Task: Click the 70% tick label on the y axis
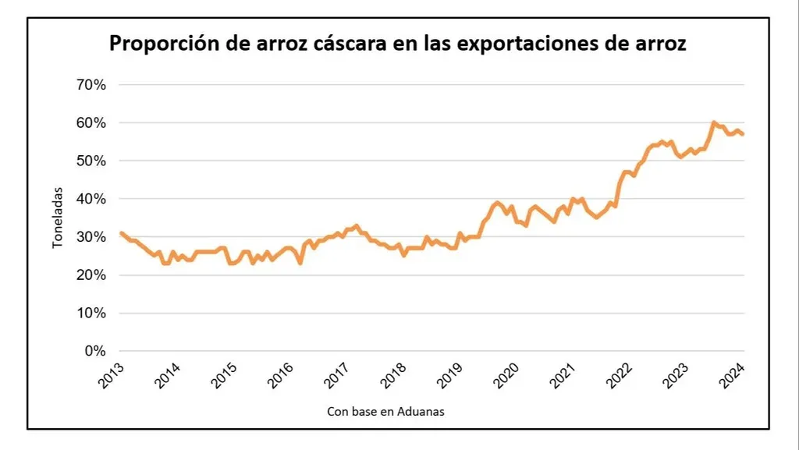click(90, 84)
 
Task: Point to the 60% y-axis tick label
click(90, 122)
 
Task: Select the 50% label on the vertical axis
click(90, 161)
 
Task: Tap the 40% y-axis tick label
click(90, 199)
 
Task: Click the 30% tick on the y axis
click(90, 237)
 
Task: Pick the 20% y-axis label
click(90, 275)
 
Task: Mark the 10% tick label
click(90, 314)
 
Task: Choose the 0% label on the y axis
click(94, 351)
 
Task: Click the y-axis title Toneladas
click(57, 223)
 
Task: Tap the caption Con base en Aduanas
click(385, 411)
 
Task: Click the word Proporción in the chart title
click(161, 44)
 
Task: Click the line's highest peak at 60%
click(713, 122)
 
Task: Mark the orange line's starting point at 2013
click(121, 232)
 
